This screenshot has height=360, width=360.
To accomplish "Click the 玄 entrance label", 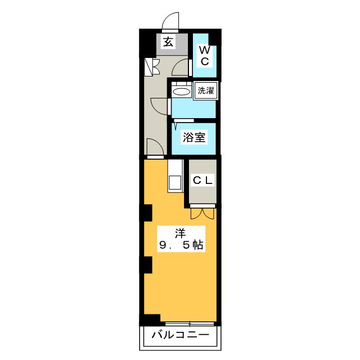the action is (x=168, y=42).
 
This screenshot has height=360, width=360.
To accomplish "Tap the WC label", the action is (x=205, y=56).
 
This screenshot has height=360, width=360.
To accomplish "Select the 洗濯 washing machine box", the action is (x=205, y=91).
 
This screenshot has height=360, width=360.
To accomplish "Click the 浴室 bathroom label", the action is (x=194, y=137).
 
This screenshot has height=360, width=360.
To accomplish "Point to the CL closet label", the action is (x=202, y=181).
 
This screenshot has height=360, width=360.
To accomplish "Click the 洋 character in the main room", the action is (x=181, y=233).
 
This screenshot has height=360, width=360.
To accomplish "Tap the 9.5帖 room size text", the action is (x=181, y=245).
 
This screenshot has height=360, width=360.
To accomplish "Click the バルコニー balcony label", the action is (x=181, y=335).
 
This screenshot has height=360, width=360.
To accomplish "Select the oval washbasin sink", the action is (x=181, y=92).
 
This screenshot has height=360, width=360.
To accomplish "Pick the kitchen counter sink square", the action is (x=175, y=182).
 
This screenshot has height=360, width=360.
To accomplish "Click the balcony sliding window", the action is (x=190, y=324).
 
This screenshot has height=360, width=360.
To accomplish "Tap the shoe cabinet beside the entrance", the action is (x=151, y=67).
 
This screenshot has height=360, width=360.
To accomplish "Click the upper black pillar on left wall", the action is (x=146, y=213).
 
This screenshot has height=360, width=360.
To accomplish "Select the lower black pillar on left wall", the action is (x=146, y=265).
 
